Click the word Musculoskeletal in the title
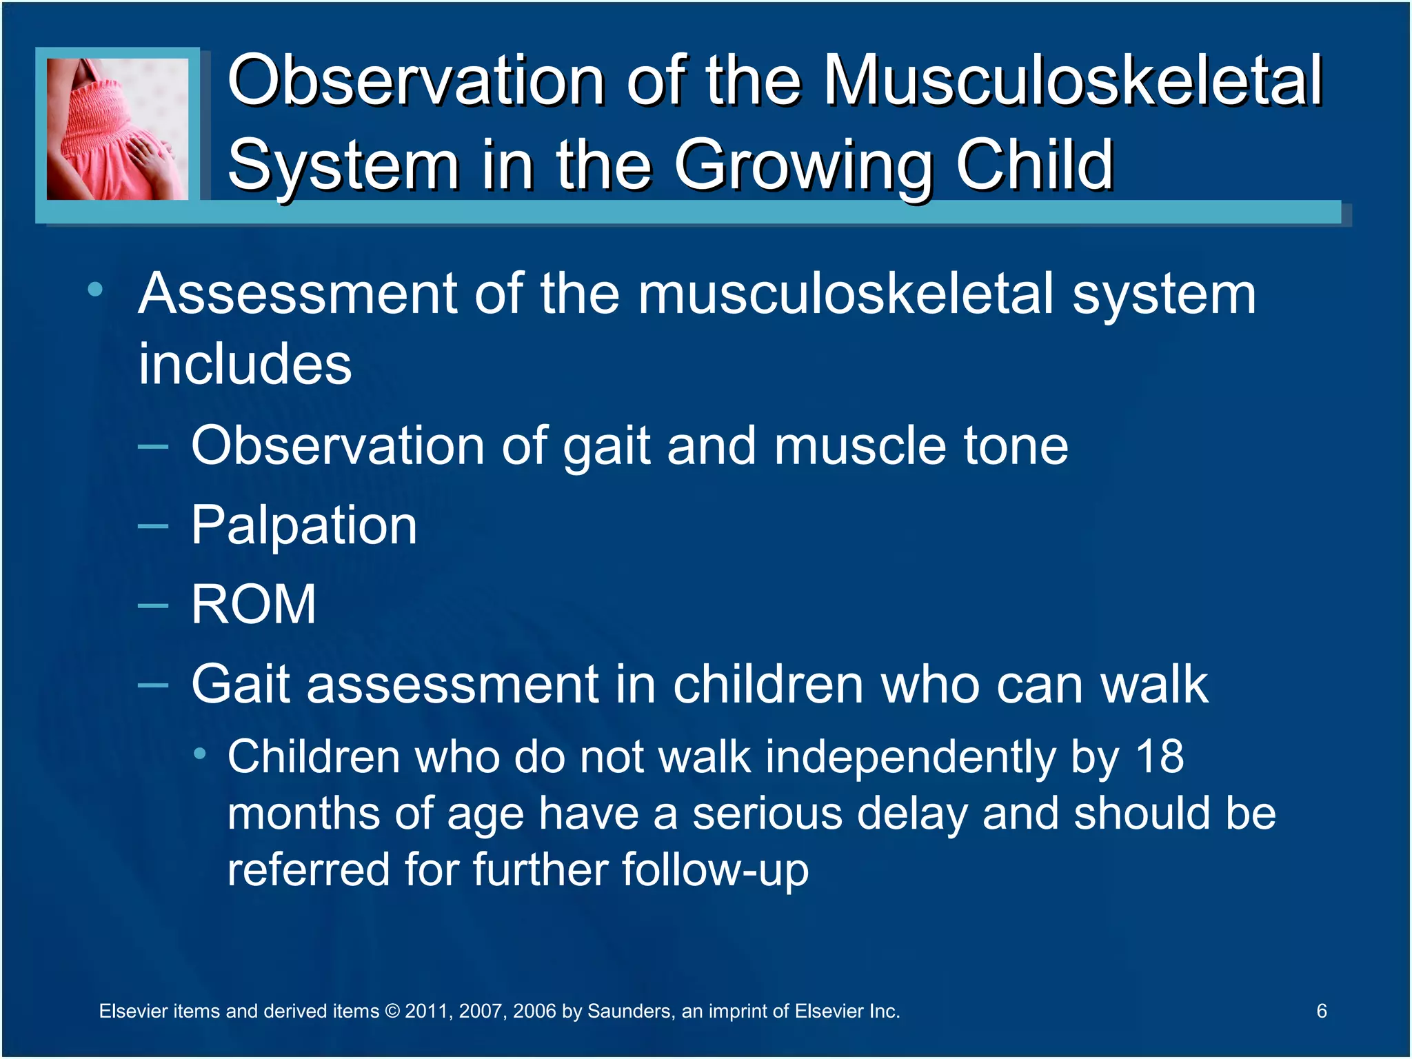1073,81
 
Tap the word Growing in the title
803,165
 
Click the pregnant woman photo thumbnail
117,129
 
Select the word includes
245,364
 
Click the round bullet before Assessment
95,290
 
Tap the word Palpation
303,526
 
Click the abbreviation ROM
253,605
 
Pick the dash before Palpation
152,527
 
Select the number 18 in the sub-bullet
1160,757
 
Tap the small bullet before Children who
200,754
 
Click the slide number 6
1321,1011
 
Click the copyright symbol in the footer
392,1011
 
